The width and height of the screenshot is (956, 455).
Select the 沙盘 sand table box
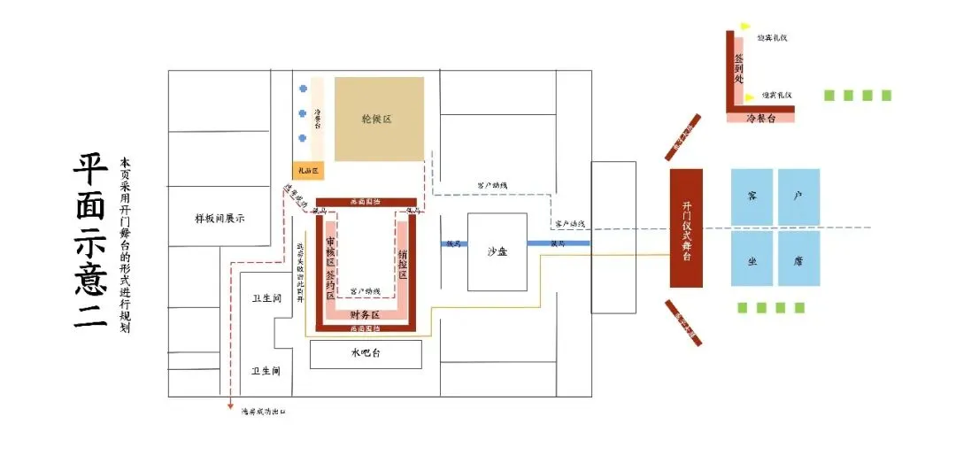[497, 251]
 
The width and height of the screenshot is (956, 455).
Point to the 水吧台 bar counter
[365, 354]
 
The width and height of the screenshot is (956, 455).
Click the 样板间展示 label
[219, 218]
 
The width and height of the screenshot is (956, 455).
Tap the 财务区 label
[364, 314]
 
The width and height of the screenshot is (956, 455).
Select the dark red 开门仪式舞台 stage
[686, 227]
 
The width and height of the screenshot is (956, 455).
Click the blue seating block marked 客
[752, 197]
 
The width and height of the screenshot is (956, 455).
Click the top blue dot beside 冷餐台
[303, 89]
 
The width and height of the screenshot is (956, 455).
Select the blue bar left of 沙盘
[454, 243]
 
